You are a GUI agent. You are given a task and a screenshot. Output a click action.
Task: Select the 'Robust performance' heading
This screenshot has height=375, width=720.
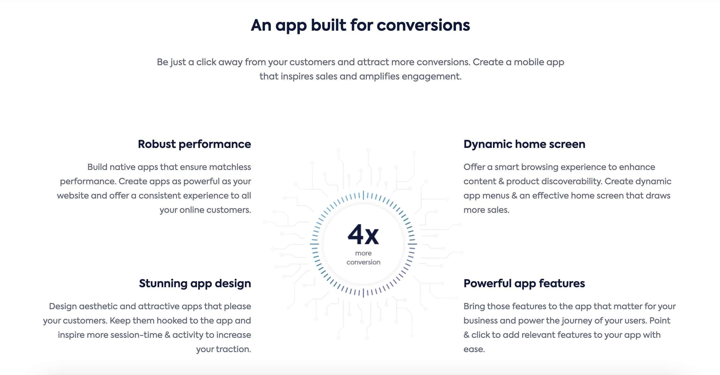194,144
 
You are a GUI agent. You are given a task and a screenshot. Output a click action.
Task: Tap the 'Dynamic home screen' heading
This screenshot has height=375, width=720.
524,144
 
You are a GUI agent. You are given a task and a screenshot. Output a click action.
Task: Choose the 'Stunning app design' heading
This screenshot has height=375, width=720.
195,284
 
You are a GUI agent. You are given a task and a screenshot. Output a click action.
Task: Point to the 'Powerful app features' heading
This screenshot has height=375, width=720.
524,284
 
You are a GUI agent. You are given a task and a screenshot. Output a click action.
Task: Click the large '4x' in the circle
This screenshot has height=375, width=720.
363,235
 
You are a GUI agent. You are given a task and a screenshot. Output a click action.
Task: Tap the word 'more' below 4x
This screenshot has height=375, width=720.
363,253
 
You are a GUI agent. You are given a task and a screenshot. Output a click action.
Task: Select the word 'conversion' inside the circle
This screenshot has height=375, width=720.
363,262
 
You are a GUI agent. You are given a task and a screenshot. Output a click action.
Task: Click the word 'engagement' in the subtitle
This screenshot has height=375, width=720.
432,77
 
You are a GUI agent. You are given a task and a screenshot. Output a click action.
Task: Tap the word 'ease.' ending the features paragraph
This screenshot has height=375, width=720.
474,349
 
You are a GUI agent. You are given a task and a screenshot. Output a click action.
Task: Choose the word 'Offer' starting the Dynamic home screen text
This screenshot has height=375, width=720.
474,167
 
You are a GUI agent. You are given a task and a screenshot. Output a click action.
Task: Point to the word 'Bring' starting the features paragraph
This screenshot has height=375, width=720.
474,307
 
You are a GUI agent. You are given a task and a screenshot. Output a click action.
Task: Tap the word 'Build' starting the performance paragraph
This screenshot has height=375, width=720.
97,167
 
